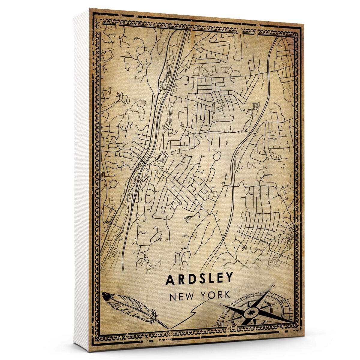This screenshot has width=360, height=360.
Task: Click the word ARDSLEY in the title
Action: click(199, 279)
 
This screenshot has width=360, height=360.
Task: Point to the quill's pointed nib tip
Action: click(169, 328)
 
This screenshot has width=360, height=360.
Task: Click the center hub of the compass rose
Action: click(250, 313)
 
